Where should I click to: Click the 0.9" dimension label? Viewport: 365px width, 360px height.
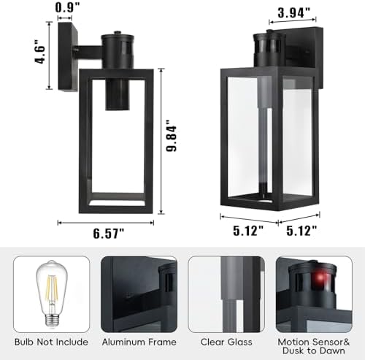[68, 8]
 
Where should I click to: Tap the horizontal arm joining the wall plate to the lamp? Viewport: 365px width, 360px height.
[85, 51]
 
